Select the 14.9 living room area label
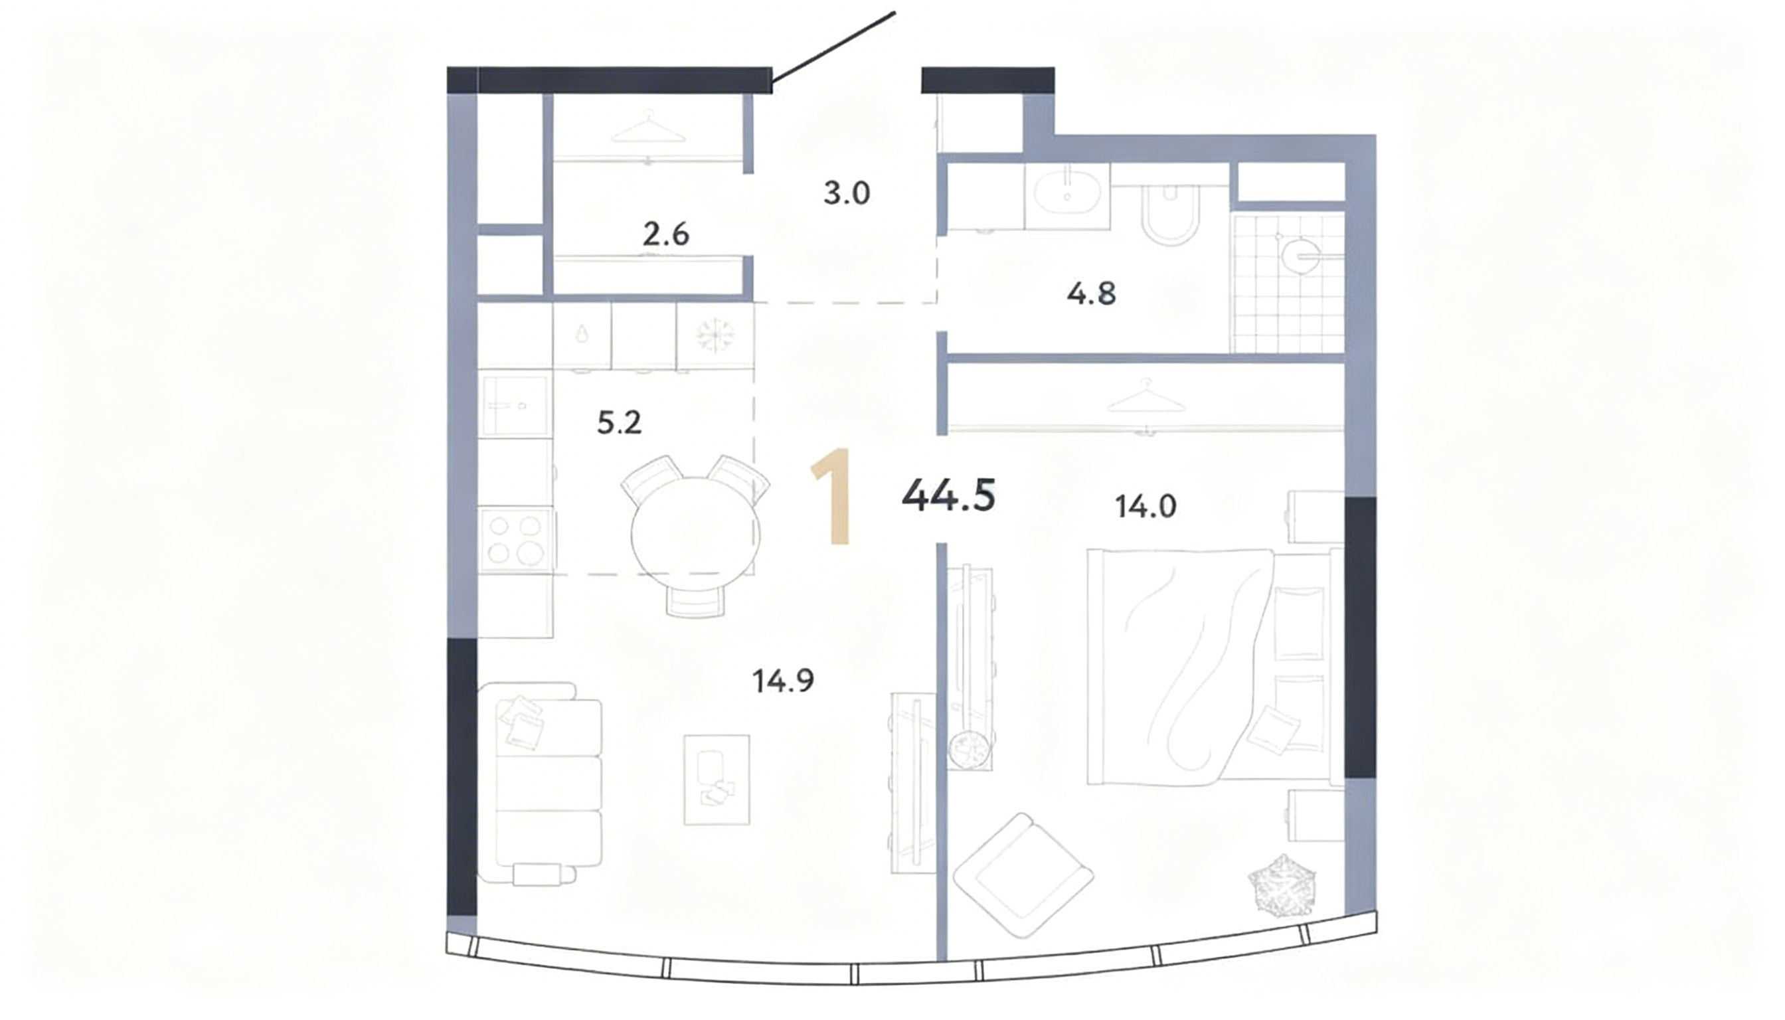pos(783,680)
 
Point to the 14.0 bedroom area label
pos(1146,506)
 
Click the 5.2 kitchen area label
pos(620,422)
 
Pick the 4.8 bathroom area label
pos(1092,294)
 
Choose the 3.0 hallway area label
pos(846,193)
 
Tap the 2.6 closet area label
pos(665,234)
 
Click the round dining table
pos(695,536)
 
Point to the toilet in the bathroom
pos(1171,214)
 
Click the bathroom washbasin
pos(1067,196)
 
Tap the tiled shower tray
pos(1288,283)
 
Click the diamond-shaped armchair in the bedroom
pos(1023,875)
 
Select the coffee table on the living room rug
pos(717,779)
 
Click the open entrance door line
pos(833,52)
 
